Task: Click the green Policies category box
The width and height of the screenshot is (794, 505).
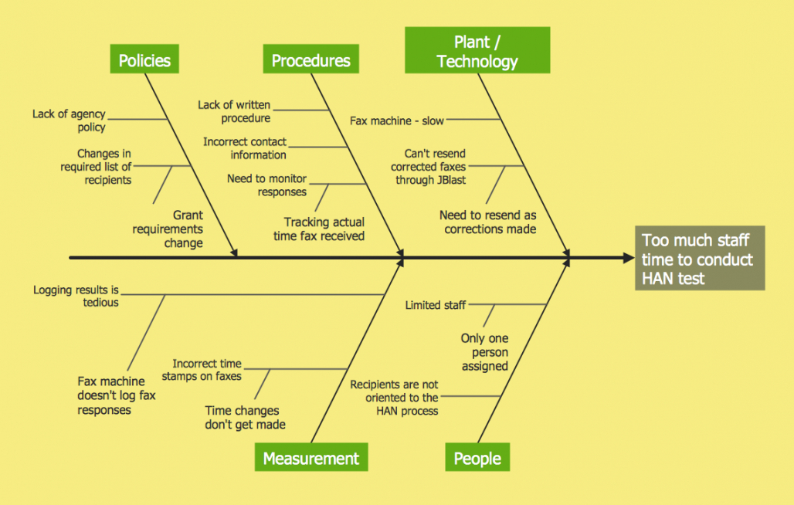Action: (x=144, y=59)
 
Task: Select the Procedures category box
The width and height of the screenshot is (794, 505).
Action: (x=310, y=59)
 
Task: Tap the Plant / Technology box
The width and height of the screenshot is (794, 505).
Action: (x=477, y=51)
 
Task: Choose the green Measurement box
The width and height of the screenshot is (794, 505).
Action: (x=310, y=458)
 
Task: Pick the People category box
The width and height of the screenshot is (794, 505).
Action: (x=477, y=458)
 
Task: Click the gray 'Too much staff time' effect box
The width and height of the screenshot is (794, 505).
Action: (x=699, y=259)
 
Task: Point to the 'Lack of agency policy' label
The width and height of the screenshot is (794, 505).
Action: (x=69, y=120)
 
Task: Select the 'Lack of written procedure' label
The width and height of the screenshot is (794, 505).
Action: (x=234, y=111)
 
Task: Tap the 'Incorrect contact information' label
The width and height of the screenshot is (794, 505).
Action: (x=245, y=148)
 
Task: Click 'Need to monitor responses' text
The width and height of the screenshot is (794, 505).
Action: (x=266, y=185)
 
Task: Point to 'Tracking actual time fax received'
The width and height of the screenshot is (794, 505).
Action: (x=319, y=229)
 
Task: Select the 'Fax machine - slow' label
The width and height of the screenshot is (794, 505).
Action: (x=397, y=120)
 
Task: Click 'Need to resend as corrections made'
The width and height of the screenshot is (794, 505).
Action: (x=488, y=222)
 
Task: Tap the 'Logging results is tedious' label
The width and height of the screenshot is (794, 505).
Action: (x=76, y=297)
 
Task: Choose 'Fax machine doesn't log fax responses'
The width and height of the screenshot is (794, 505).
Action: (x=117, y=395)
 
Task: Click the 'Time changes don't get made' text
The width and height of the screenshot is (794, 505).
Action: (x=245, y=418)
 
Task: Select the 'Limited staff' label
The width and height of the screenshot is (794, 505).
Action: (x=436, y=305)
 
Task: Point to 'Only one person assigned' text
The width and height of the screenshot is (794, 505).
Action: (x=485, y=352)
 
